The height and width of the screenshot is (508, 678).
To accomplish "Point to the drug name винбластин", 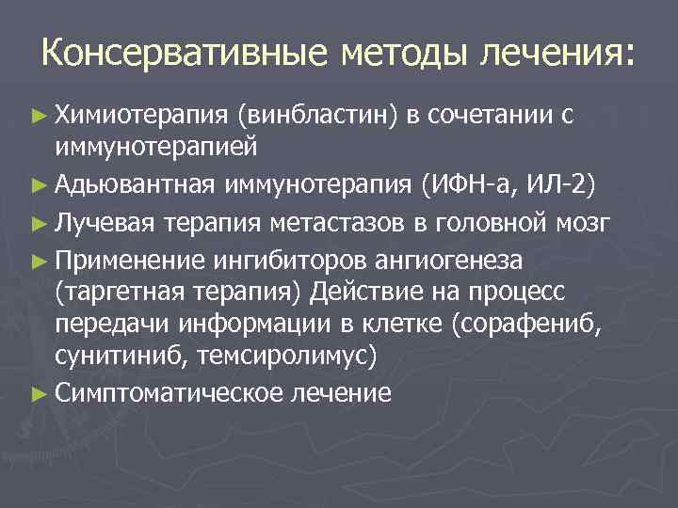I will pos(319,116).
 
